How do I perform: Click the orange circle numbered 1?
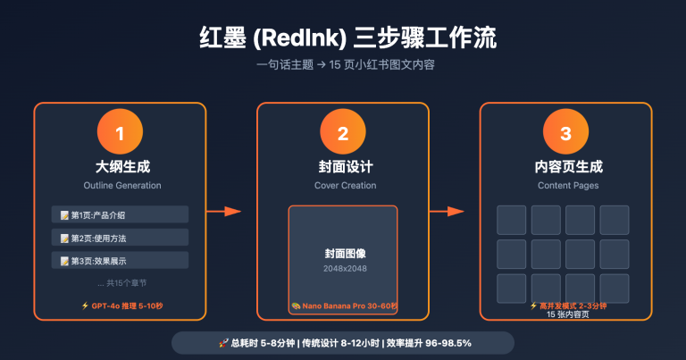coord(120,135)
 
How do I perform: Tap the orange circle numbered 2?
coord(343,135)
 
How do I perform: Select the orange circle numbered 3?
coord(565,135)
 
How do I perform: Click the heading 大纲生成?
coord(120,167)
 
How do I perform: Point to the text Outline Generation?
coord(120,185)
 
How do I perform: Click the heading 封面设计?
coord(343,167)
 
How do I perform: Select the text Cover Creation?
coord(343,185)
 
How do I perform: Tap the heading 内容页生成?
coord(565,167)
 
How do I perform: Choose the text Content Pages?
coord(565,185)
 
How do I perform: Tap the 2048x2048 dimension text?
coord(343,268)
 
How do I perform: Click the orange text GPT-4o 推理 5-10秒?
coord(121,306)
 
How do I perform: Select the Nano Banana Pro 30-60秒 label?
coord(345,306)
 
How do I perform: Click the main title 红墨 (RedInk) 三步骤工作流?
coord(343,39)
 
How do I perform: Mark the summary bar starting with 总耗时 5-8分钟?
coord(343,343)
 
